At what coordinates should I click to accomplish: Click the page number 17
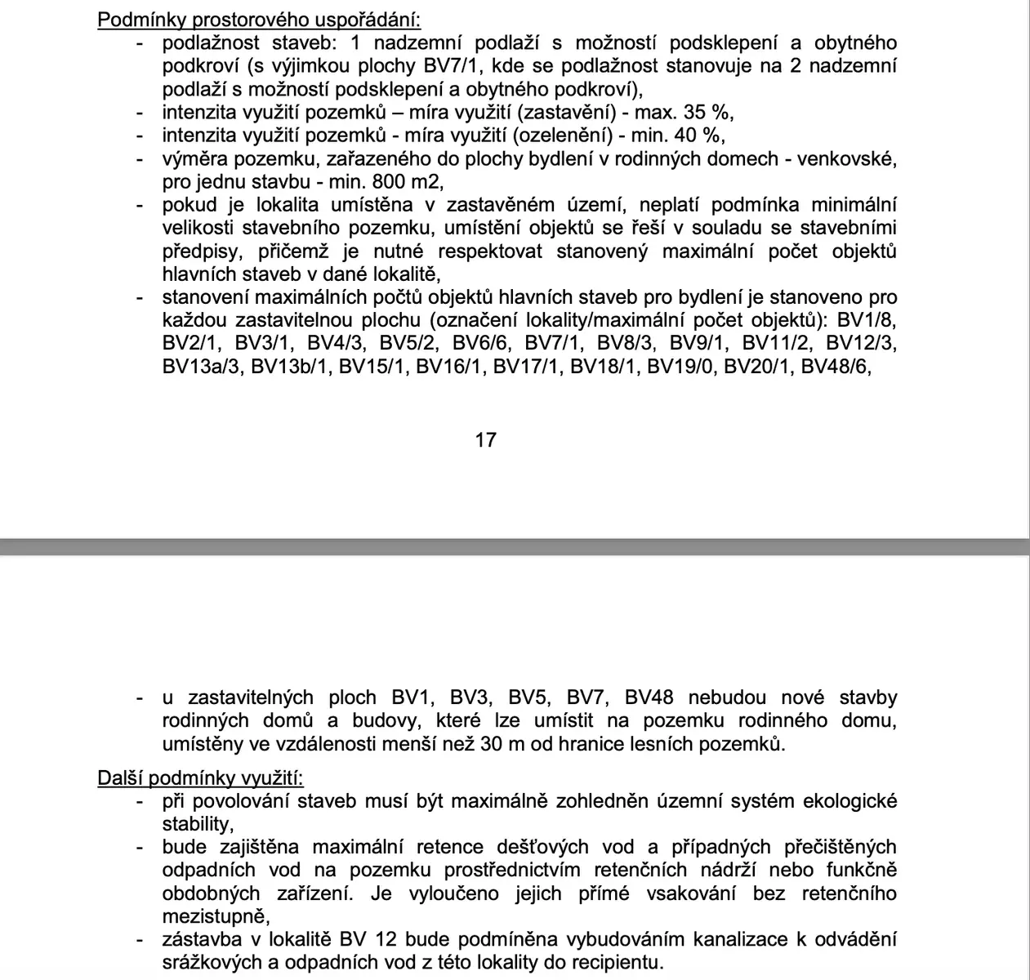[x=485, y=440]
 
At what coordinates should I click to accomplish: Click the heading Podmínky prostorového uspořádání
[x=261, y=20]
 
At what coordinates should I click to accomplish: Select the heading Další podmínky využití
[x=200, y=777]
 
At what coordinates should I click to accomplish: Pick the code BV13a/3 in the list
[x=203, y=367]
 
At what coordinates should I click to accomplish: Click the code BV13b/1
[x=291, y=367]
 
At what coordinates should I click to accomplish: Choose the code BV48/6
[x=836, y=367]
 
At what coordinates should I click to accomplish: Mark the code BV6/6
[x=481, y=343]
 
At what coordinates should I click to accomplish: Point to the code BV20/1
[x=759, y=367]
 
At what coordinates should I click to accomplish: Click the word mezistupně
[x=213, y=916]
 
